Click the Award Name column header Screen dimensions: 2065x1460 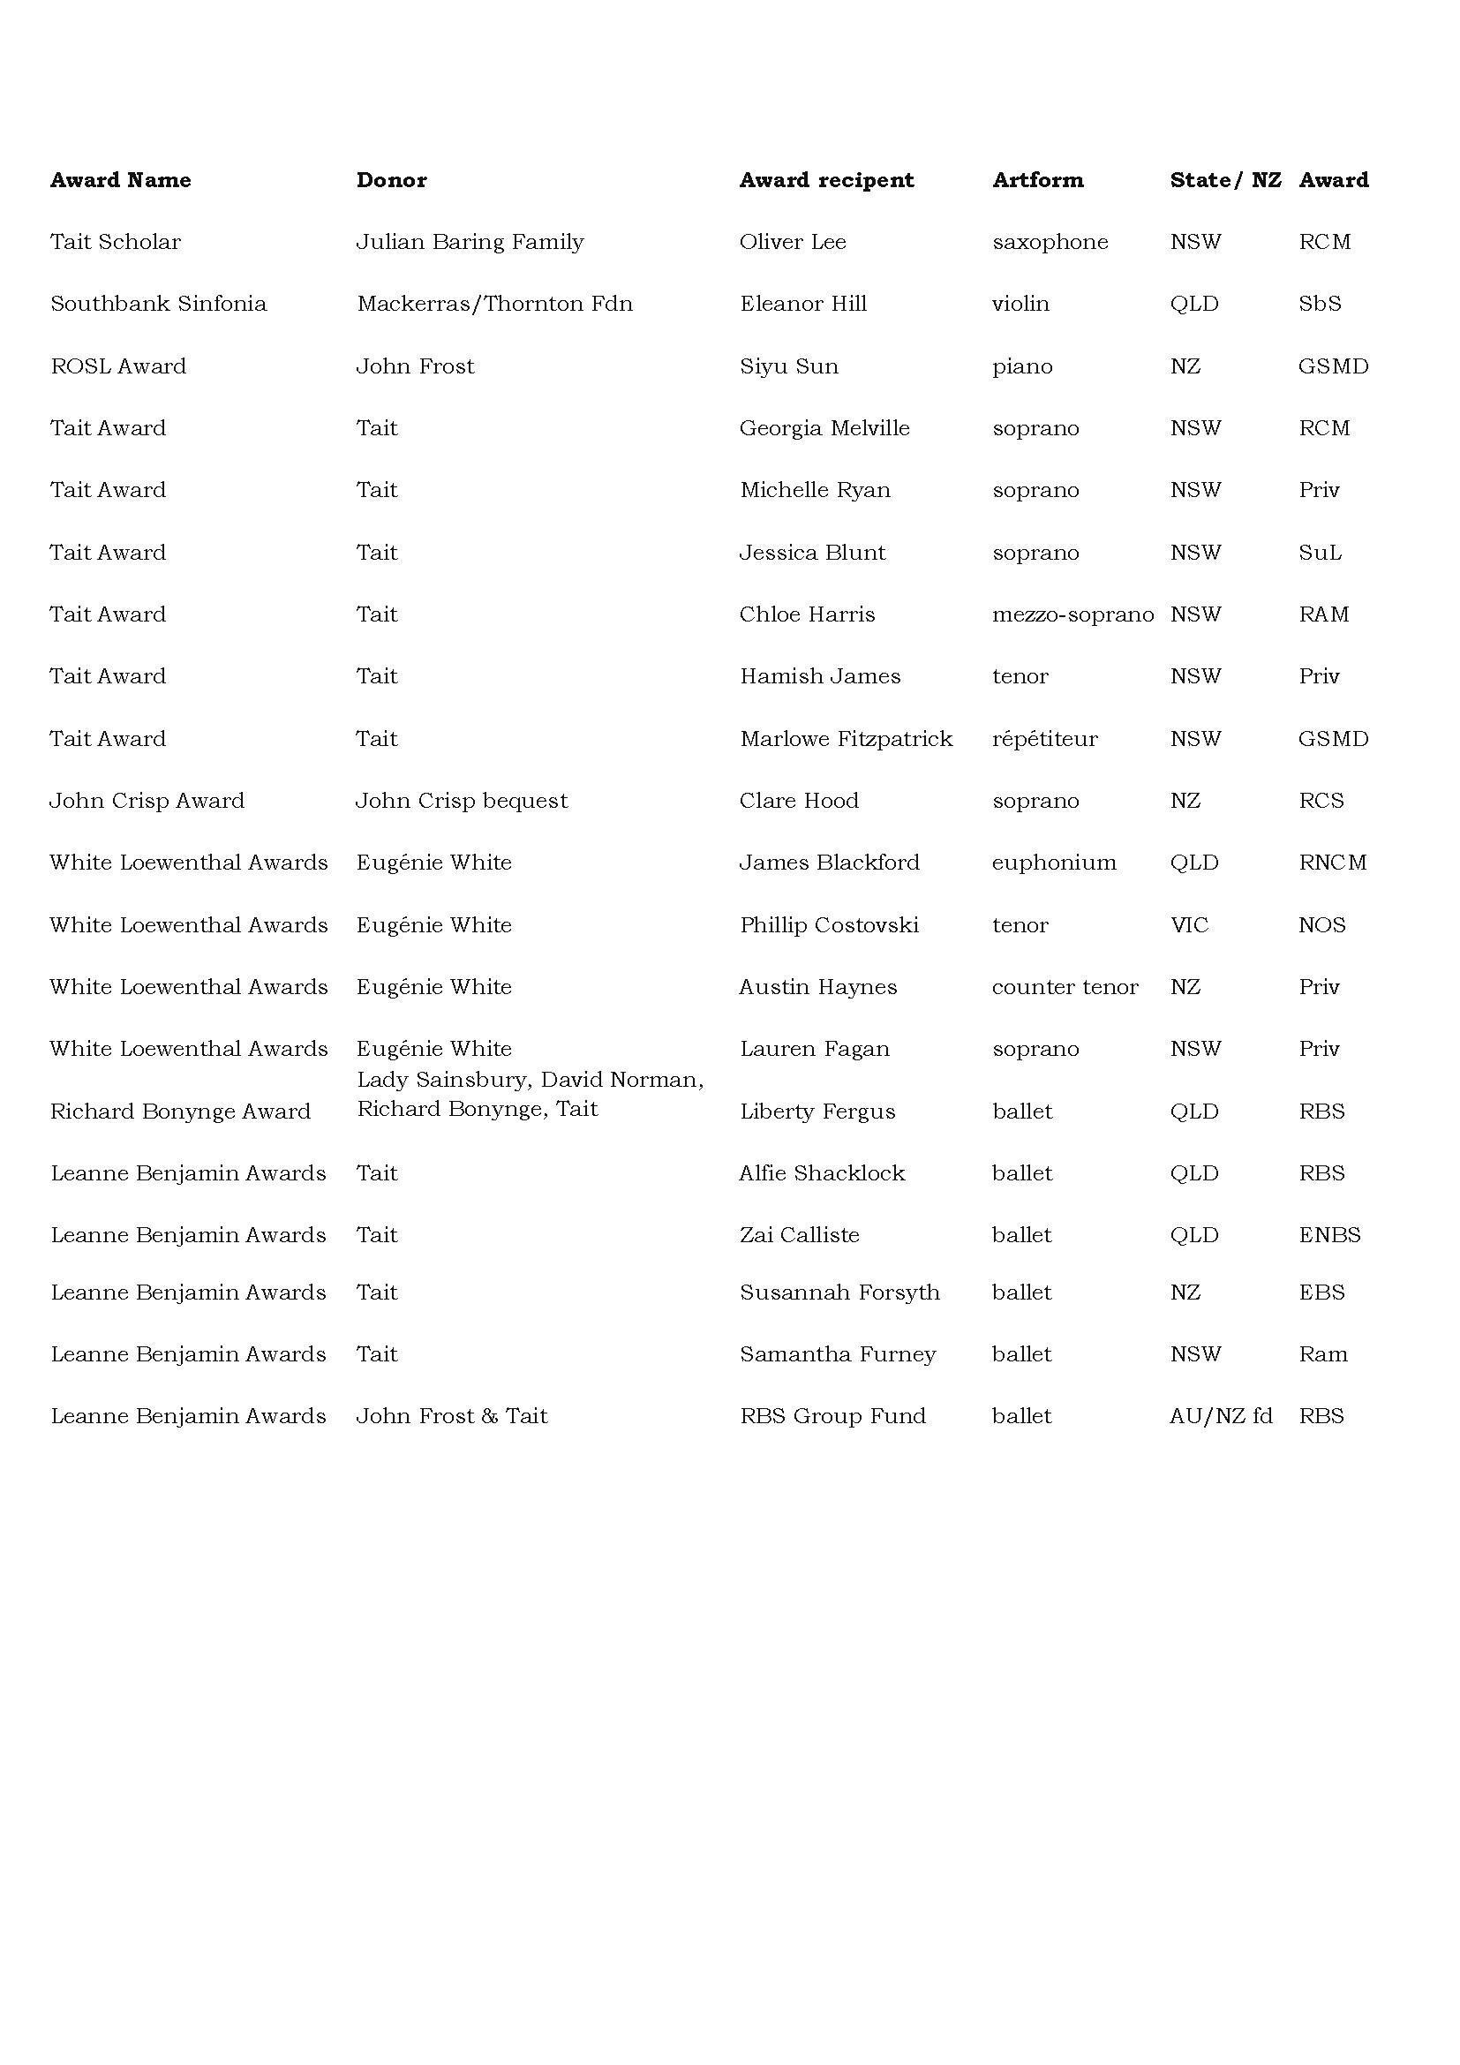coord(120,180)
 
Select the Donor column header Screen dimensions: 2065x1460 coord(391,180)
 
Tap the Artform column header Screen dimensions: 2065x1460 coord(1037,180)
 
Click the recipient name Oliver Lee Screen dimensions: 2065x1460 coord(792,242)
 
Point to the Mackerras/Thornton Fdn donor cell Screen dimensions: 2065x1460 coord(494,304)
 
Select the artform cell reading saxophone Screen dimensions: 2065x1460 coord(1050,242)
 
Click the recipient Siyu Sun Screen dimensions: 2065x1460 coord(788,366)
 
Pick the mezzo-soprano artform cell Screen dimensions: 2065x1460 coord(1072,614)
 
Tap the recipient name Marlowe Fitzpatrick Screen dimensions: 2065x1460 coord(846,738)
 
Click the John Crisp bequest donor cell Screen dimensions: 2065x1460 coord(461,801)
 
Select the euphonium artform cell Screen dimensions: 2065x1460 coord(1054,863)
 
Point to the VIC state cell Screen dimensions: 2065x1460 coord(1188,924)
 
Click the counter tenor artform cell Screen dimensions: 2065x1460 coord(1065,987)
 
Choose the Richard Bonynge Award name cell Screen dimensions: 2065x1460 coord(180,1112)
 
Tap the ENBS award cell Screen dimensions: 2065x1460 coord(1328,1235)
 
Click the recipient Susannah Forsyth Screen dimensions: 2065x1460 coord(839,1293)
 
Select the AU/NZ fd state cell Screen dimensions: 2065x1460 coord(1221,1415)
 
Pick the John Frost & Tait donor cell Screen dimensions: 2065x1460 coord(451,1415)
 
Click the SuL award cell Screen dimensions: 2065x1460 coord(1320,552)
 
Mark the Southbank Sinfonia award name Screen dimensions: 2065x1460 coord(158,304)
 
